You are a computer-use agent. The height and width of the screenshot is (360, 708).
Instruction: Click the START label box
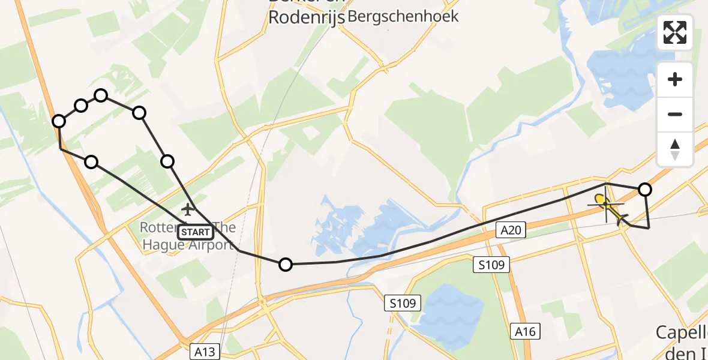(x=196, y=232)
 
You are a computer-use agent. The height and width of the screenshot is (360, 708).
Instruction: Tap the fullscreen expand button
(x=675, y=32)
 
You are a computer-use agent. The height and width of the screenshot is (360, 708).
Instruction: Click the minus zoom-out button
(x=675, y=114)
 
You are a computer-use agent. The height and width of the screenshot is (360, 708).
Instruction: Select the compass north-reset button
(x=675, y=149)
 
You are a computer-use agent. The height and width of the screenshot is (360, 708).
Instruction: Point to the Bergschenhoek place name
(x=403, y=16)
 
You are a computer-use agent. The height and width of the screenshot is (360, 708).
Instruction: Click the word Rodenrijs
(x=306, y=18)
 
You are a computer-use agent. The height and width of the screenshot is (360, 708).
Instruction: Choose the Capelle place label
(x=682, y=332)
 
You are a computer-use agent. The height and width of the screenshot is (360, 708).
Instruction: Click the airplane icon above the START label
(x=188, y=209)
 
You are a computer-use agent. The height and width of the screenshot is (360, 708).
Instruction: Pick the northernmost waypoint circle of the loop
(x=101, y=95)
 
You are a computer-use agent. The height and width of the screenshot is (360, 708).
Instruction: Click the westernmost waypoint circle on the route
(x=59, y=121)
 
